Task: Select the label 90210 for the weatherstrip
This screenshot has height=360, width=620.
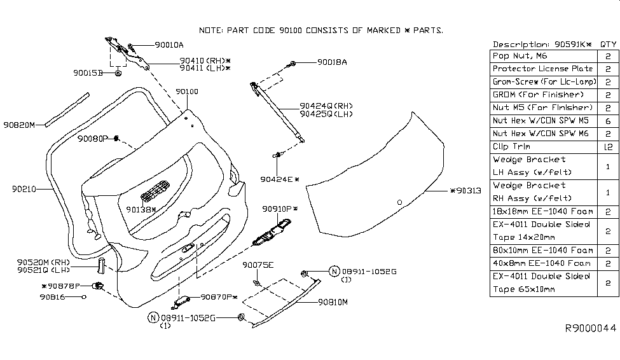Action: click(23, 189)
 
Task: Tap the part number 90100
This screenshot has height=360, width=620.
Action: click(187, 92)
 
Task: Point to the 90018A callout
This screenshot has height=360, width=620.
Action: click(332, 62)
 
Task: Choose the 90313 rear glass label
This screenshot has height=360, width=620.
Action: click(466, 190)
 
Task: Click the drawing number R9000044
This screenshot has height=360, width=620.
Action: click(591, 328)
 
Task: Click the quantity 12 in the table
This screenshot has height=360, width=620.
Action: click(607, 146)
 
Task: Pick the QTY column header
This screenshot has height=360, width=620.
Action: click(607, 45)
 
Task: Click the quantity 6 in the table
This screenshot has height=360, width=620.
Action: click(607, 120)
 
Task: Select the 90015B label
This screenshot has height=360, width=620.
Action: click(86, 73)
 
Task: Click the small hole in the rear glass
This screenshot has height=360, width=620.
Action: click(399, 202)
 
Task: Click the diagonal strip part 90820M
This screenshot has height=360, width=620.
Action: click(67, 109)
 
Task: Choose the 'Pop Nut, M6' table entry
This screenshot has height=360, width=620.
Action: click(520, 56)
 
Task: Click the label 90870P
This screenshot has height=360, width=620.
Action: click(219, 297)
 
